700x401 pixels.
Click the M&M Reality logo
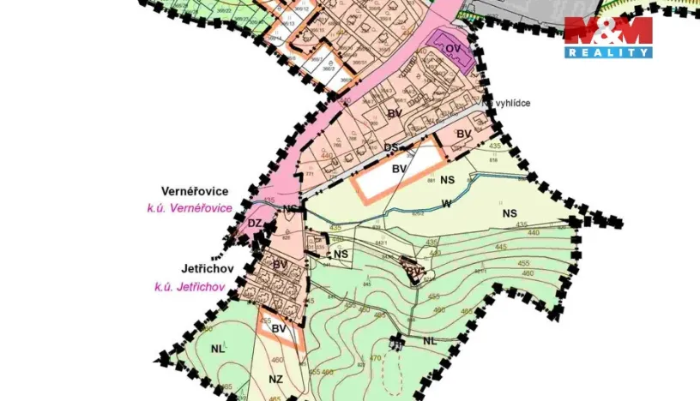(607, 37)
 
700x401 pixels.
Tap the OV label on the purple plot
(454, 49)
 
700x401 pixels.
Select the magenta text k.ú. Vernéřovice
(190, 208)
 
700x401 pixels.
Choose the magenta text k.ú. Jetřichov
(190, 287)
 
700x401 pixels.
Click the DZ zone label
(255, 224)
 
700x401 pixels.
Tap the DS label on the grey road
(392, 147)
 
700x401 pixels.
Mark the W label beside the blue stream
(446, 204)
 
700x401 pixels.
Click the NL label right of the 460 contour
(430, 340)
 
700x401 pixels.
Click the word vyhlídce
(510, 103)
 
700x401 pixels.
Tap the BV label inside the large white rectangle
(398, 170)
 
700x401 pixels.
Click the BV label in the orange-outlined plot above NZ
(278, 328)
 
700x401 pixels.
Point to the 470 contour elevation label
(375, 357)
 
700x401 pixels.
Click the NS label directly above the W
(447, 181)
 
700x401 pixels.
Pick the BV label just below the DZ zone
(280, 265)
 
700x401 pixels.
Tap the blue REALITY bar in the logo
(607, 52)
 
